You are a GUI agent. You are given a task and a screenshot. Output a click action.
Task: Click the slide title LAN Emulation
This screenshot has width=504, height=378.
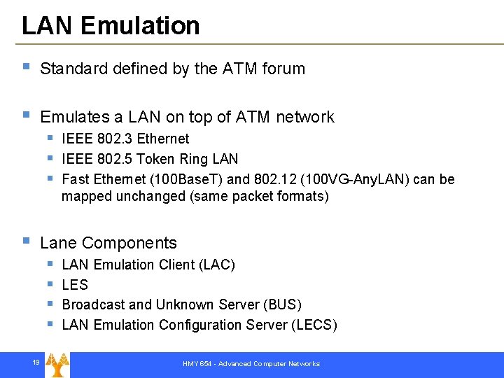(x=111, y=26)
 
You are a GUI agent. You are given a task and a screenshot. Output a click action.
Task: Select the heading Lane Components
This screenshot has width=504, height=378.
(x=108, y=243)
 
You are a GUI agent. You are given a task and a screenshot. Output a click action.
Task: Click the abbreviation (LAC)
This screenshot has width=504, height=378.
(x=217, y=265)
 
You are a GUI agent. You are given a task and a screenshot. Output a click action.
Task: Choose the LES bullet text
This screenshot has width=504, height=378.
(x=75, y=285)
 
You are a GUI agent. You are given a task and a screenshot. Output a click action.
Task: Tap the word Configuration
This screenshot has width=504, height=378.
(x=204, y=325)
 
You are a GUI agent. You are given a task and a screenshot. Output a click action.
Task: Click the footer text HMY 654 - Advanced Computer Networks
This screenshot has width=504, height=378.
(x=251, y=364)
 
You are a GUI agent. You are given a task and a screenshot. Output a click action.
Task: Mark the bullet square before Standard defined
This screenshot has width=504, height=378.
(x=26, y=67)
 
